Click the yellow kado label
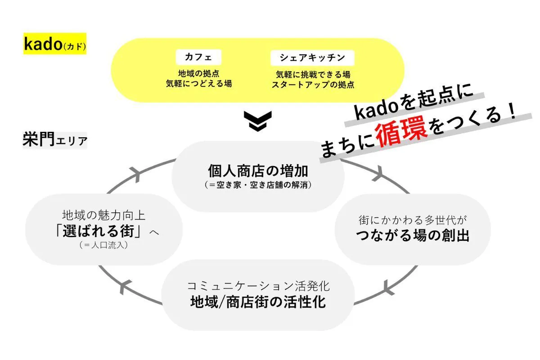point(54,45)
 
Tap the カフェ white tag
point(199,57)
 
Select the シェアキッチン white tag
point(312,57)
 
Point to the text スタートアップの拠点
point(313,84)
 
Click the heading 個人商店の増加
point(258,171)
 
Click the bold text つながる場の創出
point(413,235)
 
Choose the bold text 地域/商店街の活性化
point(258,301)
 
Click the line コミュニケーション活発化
point(258,286)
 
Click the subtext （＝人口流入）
point(104,245)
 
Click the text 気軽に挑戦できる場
point(313,74)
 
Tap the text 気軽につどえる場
point(199,84)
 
